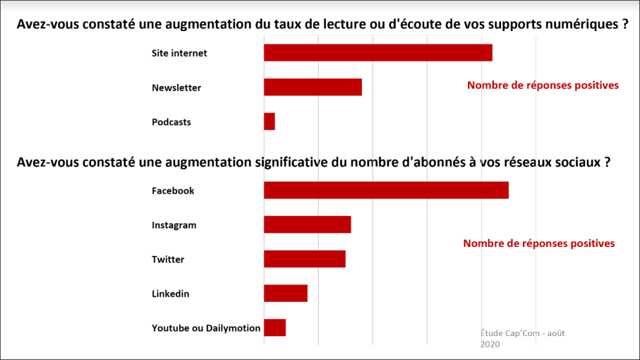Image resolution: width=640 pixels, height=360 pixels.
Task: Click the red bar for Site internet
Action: pos(378,53)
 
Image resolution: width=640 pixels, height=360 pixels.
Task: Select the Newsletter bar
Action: pos(312,87)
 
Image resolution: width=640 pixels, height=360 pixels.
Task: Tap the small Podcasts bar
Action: pos(269,122)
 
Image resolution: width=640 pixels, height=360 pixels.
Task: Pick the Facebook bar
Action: pos(386,191)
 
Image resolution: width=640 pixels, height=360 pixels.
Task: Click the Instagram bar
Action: pos(307,225)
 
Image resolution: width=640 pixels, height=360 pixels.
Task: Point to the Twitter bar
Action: pos(304,259)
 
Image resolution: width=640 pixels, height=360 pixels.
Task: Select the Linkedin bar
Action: pos(285,293)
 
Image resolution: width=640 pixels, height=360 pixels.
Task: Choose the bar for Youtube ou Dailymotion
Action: pos(275,328)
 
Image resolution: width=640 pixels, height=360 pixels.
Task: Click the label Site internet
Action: pos(179,53)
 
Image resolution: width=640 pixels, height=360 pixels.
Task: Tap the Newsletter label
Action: pos(176,87)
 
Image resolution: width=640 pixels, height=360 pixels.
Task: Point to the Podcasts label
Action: pos(171,122)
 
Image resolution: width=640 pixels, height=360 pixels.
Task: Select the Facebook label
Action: pos(173,191)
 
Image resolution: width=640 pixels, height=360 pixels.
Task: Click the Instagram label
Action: pos(174,225)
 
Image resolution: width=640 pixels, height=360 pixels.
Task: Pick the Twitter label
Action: pos(168,259)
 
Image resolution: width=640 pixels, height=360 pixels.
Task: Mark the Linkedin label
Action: pos(170,293)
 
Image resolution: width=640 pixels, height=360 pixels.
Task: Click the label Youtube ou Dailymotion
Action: pos(206,328)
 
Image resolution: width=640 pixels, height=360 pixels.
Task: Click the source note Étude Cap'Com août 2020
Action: pos(522,338)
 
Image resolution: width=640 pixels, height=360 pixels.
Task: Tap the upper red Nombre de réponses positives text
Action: pos(543,85)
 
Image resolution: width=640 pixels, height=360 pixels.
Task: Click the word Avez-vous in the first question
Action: pos(42,25)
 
